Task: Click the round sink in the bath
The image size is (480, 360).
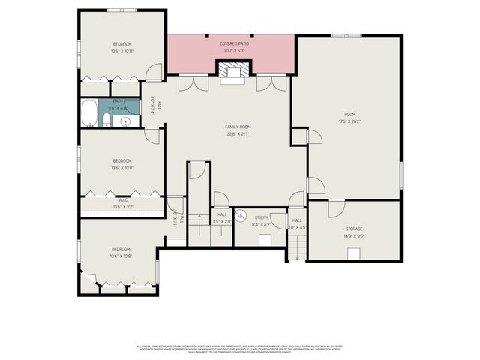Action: pos(126,121)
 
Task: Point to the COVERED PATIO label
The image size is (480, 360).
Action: pos(234,44)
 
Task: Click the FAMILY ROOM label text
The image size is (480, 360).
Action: pos(237,127)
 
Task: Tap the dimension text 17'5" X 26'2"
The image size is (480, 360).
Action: pos(350,121)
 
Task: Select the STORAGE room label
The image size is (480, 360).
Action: pos(354,229)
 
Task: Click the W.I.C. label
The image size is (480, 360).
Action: pos(122,200)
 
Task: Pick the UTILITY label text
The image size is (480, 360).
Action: pos(262,217)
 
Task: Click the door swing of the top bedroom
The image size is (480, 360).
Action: pos(153,73)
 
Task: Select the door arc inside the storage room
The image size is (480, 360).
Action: pos(335,209)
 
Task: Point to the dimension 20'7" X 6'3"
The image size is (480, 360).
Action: pos(234,52)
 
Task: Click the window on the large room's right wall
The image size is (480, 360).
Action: pos(401,176)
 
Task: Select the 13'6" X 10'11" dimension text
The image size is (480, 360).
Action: pos(122,52)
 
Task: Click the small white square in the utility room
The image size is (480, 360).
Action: pos(265,240)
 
